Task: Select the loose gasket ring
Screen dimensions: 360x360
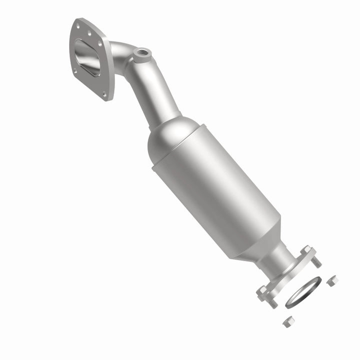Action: pos(303,290)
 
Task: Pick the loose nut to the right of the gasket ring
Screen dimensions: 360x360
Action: pos(330,282)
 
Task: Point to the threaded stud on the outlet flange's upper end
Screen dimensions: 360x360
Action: pos(316,262)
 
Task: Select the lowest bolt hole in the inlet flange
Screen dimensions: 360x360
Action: pos(104,93)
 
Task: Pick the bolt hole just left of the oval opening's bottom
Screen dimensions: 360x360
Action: pos(75,71)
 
